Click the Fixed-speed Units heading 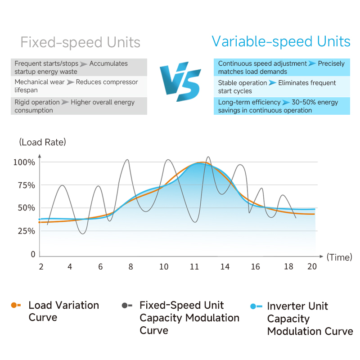[81, 43]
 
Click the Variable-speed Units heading [281, 42]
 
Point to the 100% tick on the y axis [24, 162]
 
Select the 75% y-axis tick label [25, 185]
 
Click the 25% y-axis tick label [25, 231]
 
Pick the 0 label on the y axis [33, 254]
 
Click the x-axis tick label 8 [131, 266]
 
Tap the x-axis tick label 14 [225, 266]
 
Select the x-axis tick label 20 [312, 266]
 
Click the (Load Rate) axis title [42, 142]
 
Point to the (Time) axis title [339, 257]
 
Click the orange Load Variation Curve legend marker [16, 305]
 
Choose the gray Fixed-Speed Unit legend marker [127, 305]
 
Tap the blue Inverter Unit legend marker [256, 306]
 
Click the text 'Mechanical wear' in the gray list [39, 82]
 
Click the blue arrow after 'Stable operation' [273, 83]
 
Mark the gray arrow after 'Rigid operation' [65, 102]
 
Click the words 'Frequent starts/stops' [46, 63]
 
